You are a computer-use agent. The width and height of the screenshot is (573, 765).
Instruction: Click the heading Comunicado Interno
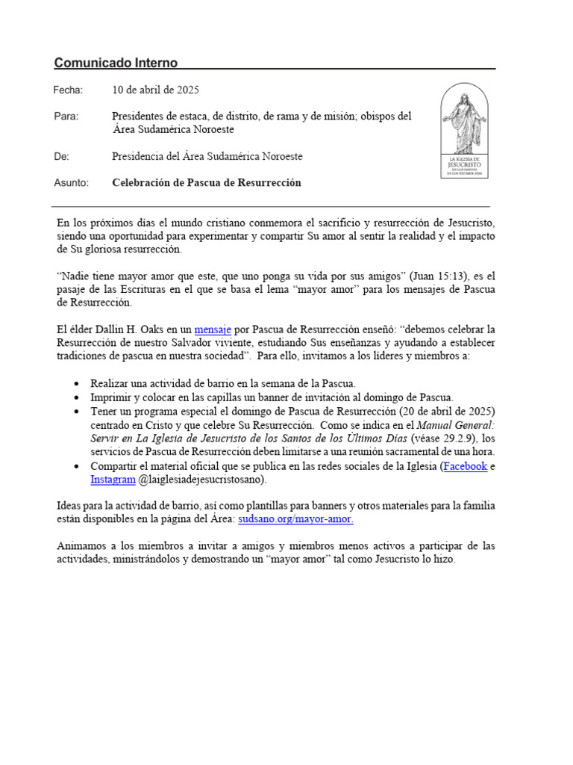click(x=116, y=62)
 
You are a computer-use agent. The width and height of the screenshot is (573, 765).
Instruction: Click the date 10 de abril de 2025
click(x=155, y=90)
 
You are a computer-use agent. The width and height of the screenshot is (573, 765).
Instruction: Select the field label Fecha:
click(x=68, y=90)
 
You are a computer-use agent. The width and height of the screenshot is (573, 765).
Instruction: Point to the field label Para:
click(x=66, y=117)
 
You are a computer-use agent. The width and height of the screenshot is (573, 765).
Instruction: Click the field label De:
click(x=61, y=156)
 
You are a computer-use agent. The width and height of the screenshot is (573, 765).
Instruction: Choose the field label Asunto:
click(x=71, y=182)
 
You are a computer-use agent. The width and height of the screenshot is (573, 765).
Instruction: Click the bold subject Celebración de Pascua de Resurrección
click(x=207, y=182)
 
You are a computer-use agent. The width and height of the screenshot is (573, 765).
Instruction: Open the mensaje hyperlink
click(x=213, y=329)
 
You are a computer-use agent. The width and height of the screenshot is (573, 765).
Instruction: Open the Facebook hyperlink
click(x=466, y=465)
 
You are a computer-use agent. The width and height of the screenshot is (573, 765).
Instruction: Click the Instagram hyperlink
click(x=113, y=479)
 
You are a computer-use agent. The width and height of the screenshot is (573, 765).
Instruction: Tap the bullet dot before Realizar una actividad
click(x=78, y=383)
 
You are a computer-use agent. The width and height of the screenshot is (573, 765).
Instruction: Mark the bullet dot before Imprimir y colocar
click(x=78, y=397)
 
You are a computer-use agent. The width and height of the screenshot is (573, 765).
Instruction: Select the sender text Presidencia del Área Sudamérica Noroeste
click(x=207, y=156)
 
